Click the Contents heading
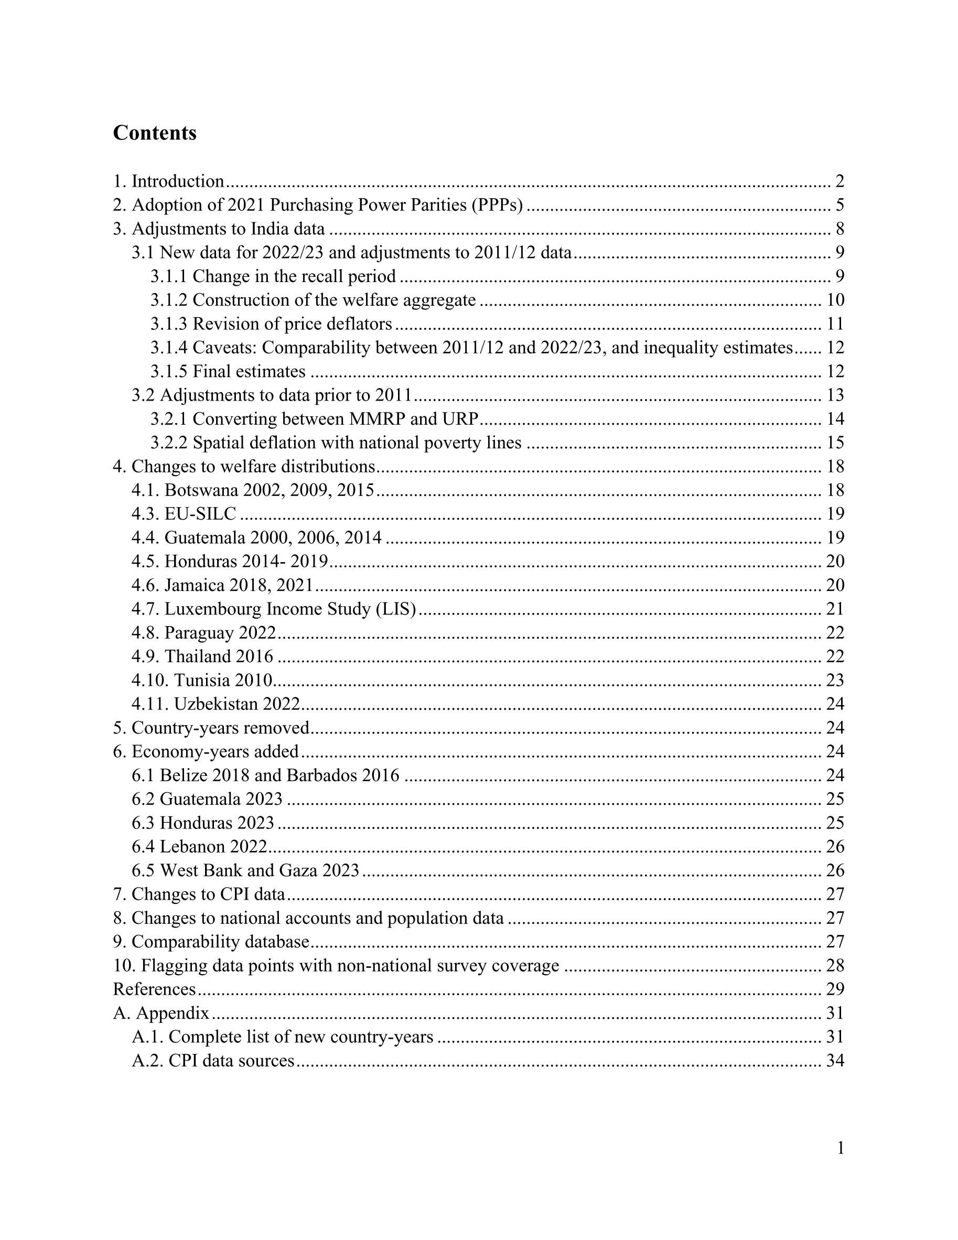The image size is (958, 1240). point(155,133)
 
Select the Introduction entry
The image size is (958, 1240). point(168,181)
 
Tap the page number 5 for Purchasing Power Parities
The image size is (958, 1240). point(839,205)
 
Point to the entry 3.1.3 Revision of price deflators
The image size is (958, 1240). point(271,324)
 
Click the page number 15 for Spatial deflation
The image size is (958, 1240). point(835,443)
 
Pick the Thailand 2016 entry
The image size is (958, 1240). point(203,656)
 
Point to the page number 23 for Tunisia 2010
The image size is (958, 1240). point(835,680)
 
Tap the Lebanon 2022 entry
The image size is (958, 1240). point(199,847)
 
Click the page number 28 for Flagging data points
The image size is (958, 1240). point(835,966)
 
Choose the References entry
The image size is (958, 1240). point(155,989)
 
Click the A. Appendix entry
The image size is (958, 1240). point(162,1013)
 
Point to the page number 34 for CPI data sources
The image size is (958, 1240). point(835,1061)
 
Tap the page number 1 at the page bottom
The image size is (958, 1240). point(841,1149)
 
